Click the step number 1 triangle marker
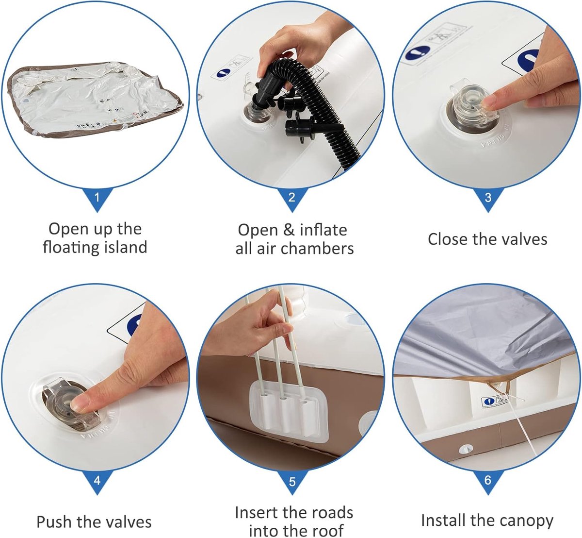(97, 198)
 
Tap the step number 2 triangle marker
(292, 198)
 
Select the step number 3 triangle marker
(487, 198)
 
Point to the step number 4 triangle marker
(97, 481)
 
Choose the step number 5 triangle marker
(292, 481)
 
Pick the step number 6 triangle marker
(487, 481)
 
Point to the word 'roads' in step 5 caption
(333, 513)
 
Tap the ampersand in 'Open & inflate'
(289, 230)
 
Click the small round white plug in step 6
(466, 449)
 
